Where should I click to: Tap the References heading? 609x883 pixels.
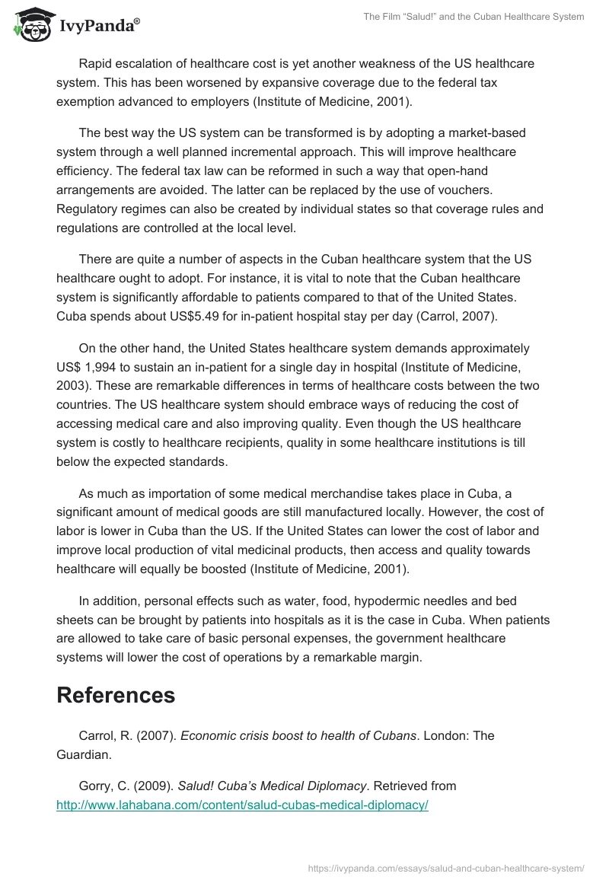click(x=116, y=694)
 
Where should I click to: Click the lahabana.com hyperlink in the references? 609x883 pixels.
click(x=242, y=805)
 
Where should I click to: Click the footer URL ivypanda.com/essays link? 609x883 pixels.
click(x=446, y=868)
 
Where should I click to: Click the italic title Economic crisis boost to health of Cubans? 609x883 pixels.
click(x=298, y=735)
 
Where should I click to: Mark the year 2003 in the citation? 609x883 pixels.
click(x=72, y=385)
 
